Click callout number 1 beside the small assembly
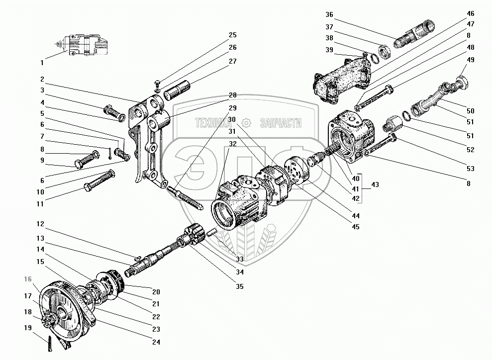point(42,63)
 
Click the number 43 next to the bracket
point(375,185)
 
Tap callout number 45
point(356,227)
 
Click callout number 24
point(157,342)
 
